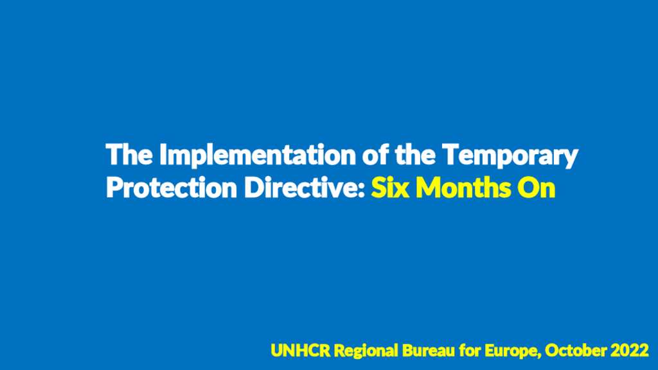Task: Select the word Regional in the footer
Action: [x=366, y=351]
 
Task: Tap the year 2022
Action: [x=630, y=351]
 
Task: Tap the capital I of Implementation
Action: [x=163, y=155]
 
